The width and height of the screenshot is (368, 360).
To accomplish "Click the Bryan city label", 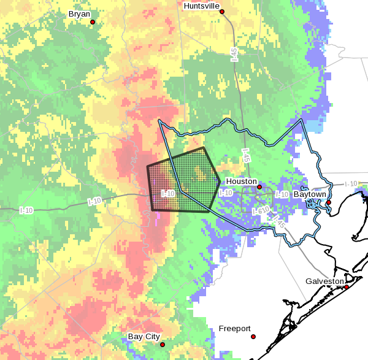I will tap(79, 13).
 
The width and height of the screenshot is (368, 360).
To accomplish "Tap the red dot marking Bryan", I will tap(93, 22).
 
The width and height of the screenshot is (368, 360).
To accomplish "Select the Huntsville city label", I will tap(201, 6).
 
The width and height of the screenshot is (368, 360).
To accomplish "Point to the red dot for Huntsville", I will tap(222, 12).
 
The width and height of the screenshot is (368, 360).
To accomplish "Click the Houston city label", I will tap(242, 182).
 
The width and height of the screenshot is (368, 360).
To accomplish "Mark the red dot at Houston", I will tap(259, 187).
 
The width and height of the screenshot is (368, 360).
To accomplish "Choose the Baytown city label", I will tap(309, 194).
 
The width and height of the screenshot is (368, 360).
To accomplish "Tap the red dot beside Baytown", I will tap(328, 202).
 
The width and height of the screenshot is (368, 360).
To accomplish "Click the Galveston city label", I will tap(324, 281).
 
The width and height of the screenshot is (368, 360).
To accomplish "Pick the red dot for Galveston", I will tap(347, 287).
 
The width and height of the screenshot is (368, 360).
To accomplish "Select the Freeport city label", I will tap(235, 329).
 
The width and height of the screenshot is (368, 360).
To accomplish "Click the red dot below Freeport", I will tap(253, 337).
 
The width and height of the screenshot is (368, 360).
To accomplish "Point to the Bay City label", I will tap(144, 337).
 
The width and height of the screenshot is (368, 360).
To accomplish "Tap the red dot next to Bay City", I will tap(163, 345).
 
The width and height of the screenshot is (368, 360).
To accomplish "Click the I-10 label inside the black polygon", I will tap(169, 193).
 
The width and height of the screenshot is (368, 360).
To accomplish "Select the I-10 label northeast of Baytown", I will tap(351, 183).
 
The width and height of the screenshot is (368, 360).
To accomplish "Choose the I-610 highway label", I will tap(260, 211).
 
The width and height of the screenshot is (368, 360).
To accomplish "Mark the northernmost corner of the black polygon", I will tap(204, 148).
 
